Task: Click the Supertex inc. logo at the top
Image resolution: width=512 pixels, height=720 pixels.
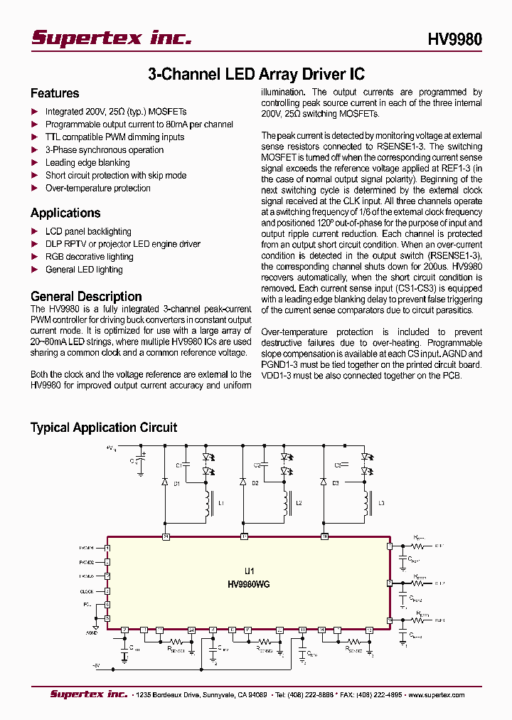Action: point(112,38)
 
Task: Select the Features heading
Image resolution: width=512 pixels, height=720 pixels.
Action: point(55,93)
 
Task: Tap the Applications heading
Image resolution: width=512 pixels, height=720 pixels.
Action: point(65,213)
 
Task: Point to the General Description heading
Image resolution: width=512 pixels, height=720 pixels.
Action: point(86,297)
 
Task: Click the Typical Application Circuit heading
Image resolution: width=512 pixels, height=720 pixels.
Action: point(104,428)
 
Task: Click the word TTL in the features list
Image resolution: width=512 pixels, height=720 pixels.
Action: point(53,137)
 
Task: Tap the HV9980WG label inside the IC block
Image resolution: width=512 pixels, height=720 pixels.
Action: point(248,584)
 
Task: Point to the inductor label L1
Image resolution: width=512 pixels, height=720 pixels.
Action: point(221,503)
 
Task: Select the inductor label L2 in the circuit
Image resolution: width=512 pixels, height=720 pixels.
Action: point(299,503)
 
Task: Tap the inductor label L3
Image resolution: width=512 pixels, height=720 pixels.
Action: point(382,503)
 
